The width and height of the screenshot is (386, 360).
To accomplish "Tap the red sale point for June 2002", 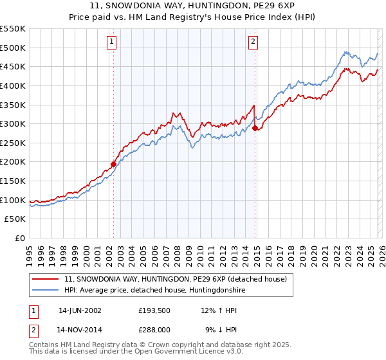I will pos(114,164).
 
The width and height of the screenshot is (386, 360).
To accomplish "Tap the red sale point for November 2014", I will pos(255,128).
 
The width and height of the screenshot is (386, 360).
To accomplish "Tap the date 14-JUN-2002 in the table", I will pos(80,310).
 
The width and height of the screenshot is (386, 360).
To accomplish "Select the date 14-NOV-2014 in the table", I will pos(80,330).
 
